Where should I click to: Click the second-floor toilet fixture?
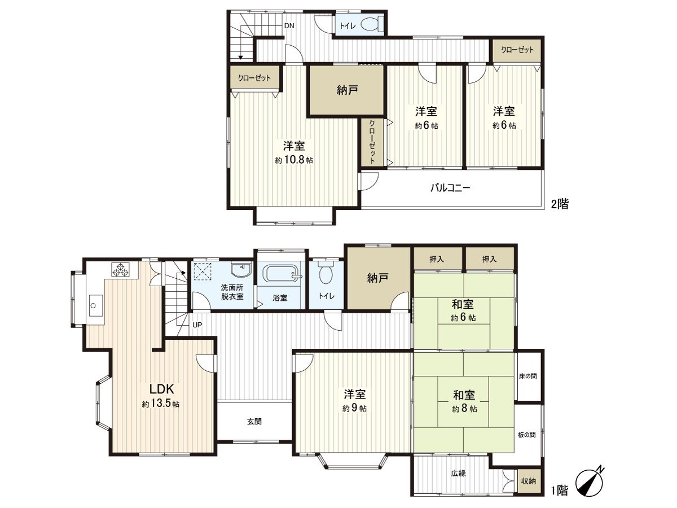pos(371,24)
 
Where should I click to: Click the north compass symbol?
pos(589,481)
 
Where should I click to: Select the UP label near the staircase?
pos(197,325)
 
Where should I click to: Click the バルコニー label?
pos(450,187)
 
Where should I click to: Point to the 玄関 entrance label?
pos(254,421)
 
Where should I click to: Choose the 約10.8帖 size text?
pos(294,160)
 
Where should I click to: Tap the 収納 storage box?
pos(529,481)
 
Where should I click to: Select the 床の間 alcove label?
pos(528,376)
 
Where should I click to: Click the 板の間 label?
pos(527,435)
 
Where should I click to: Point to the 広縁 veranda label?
pos(458,474)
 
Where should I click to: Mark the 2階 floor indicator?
pos(560,204)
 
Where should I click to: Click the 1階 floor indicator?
pos(560,491)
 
